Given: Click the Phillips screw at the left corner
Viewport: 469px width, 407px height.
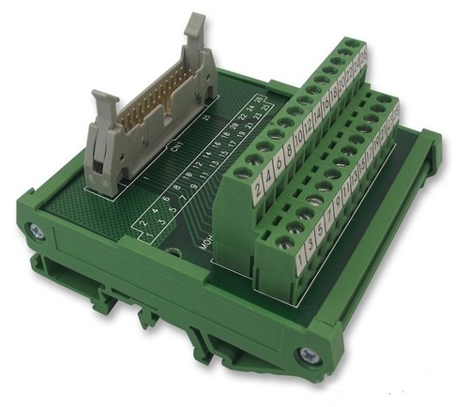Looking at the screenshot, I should click(35, 229).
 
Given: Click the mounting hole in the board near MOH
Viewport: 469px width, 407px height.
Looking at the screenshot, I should click(174, 254).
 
